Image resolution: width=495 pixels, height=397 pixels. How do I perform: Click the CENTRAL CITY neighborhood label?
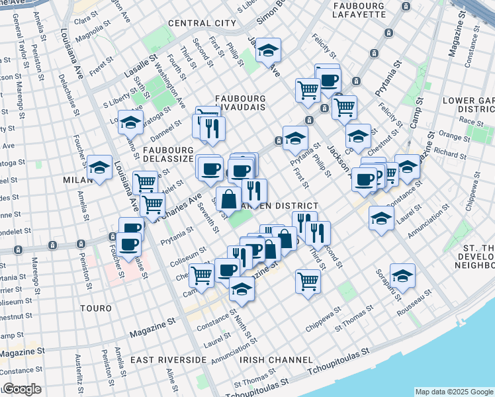pos(202,23)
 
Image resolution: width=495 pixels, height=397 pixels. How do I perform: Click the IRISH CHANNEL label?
pos(276,359)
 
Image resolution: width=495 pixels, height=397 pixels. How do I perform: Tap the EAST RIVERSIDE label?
pos(169,359)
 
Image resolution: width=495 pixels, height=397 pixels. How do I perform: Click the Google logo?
pos(22,389)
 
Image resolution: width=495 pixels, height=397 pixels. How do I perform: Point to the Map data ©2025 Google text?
pos(454,392)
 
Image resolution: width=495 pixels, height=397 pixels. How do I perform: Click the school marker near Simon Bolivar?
pos(268,50)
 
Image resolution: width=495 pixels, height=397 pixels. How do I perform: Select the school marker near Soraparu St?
pos(402,275)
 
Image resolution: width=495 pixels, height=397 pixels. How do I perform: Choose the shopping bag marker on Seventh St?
pos(228,198)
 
